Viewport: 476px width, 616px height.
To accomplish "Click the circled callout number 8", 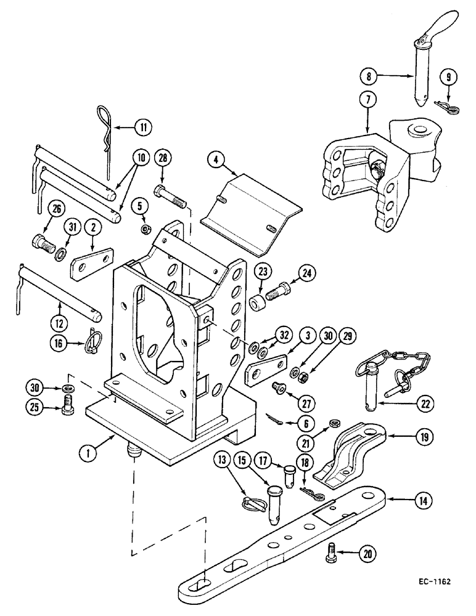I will click(x=369, y=77).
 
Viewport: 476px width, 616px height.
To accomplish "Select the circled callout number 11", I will click(x=142, y=128).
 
